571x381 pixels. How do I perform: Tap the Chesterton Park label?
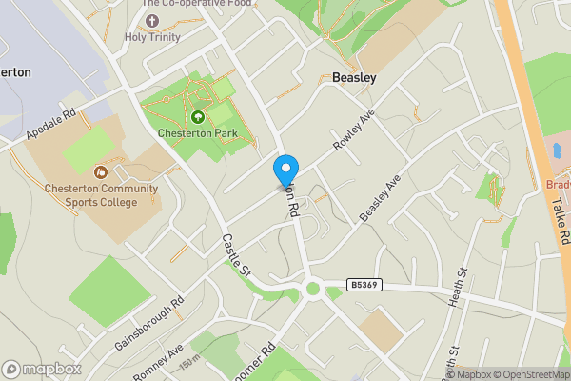198,133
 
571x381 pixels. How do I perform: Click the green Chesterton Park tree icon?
198,117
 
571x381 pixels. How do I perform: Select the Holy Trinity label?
151,37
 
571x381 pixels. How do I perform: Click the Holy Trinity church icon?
151,20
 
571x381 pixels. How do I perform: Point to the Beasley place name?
354,78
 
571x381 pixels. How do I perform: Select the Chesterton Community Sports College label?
101,194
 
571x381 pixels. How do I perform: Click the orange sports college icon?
101,171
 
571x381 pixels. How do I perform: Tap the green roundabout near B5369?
312,289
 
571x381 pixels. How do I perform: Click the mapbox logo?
42,369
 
